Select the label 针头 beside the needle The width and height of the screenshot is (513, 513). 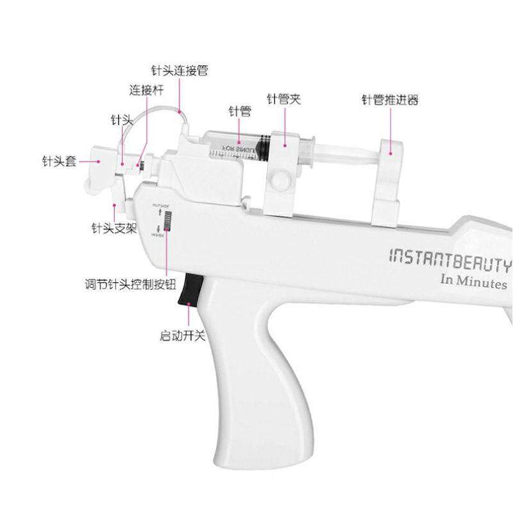122,120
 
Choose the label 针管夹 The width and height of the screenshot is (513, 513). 284,99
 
